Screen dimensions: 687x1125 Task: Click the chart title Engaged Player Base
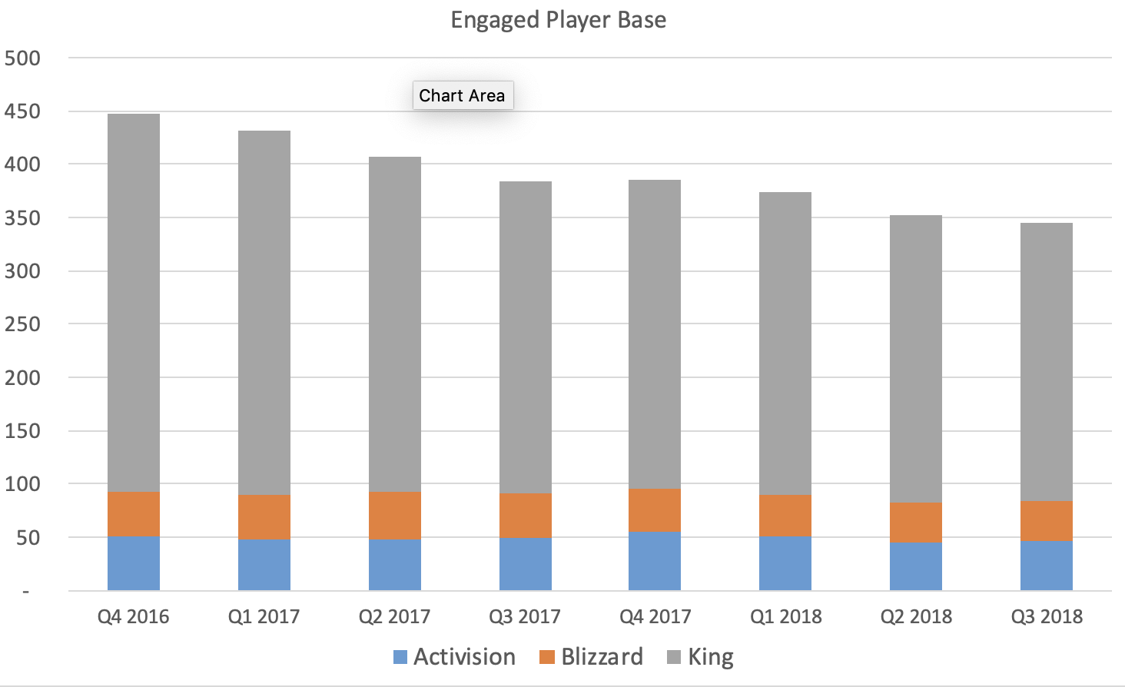click(x=558, y=19)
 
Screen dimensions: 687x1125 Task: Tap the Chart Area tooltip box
click(x=462, y=95)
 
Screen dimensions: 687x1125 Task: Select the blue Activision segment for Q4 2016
click(x=134, y=563)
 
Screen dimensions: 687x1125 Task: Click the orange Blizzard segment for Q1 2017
click(x=264, y=516)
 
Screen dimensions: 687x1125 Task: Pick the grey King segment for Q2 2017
click(x=395, y=323)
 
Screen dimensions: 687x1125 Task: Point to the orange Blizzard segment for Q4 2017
click(x=655, y=509)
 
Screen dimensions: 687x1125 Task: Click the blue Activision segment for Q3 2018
click(x=1047, y=565)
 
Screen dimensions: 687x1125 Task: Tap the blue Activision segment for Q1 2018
click(x=785, y=563)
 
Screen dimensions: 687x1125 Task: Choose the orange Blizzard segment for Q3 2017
click(x=526, y=515)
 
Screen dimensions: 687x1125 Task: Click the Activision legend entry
click(x=454, y=657)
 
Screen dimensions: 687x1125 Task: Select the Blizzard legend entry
click(x=592, y=657)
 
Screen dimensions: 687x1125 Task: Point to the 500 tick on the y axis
click(x=22, y=58)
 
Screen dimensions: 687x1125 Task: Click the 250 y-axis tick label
click(x=22, y=324)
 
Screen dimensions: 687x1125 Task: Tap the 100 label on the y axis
click(x=22, y=484)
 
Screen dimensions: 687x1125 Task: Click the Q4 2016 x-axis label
click(x=134, y=616)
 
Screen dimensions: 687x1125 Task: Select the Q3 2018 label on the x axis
click(x=1047, y=616)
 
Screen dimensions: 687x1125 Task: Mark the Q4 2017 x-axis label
click(x=655, y=616)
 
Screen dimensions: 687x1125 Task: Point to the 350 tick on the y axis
click(x=22, y=218)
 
